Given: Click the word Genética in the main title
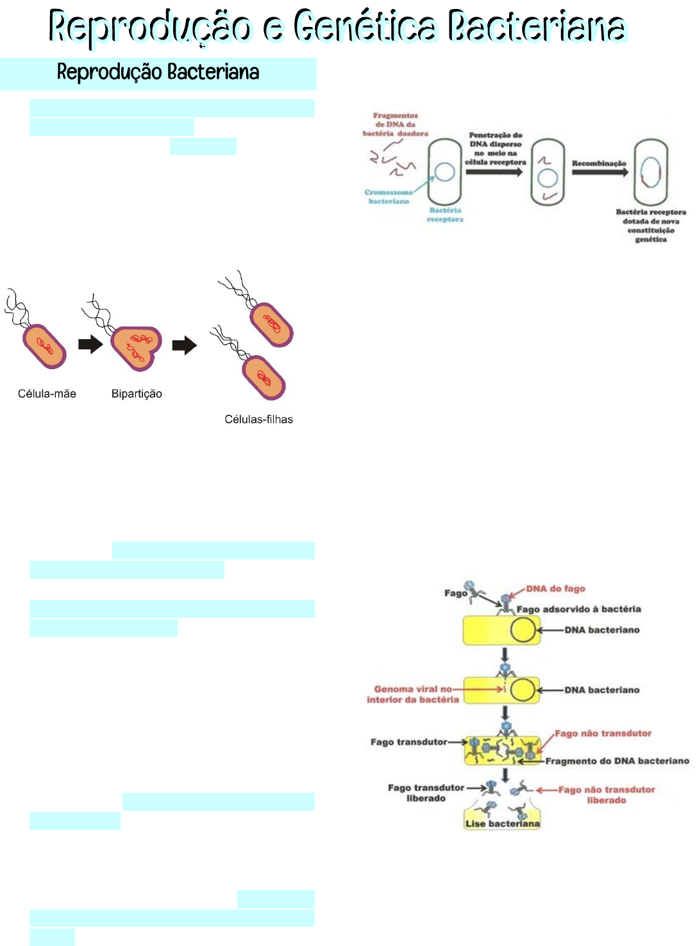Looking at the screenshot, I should click(364, 27).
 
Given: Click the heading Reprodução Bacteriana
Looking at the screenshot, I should click(158, 72).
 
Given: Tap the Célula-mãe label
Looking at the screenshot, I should click(47, 394).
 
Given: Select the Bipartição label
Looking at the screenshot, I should click(137, 394).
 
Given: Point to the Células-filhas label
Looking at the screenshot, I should click(258, 419).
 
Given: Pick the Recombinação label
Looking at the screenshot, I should click(599, 163).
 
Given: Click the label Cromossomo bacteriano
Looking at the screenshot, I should click(389, 196).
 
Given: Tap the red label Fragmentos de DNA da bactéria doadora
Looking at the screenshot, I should click(395, 124).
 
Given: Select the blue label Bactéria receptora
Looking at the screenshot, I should click(445, 215).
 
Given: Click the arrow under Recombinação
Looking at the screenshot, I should click(600, 172).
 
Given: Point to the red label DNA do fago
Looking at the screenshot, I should click(555, 588).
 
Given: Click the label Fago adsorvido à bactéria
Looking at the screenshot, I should click(578, 609).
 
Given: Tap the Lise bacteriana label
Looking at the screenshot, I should click(503, 824).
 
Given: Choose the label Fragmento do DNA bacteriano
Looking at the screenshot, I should click(617, 761).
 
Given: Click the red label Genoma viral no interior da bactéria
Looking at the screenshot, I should click(413, 694).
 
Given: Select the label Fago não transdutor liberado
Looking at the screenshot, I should click(607, 795).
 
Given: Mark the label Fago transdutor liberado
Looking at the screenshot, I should click(426, 793).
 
